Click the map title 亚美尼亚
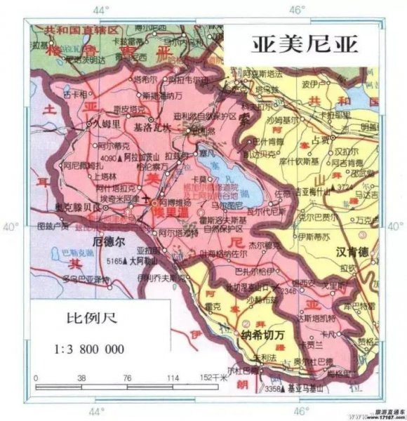pos(305,44)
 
